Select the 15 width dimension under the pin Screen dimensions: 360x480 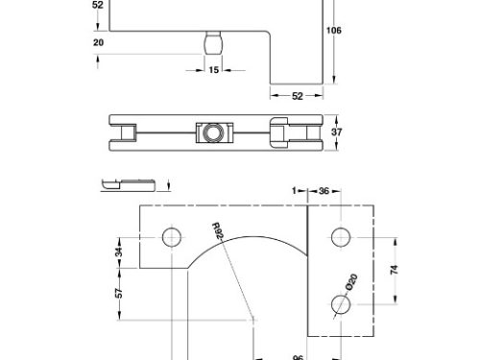pos(213,70)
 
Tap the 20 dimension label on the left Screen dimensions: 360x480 pos(99,42)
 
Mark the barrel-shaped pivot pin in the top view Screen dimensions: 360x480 pos(213,45)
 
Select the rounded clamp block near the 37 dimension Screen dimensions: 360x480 pos(280,132)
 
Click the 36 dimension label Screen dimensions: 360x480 pos(323,192)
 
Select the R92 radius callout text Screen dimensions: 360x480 pos(219,234)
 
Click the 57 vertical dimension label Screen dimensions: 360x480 pos(119,293)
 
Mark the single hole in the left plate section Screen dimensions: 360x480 pos(172,236)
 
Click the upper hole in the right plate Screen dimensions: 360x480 pos(339,236)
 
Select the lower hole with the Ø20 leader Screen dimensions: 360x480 pos(339,305)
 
